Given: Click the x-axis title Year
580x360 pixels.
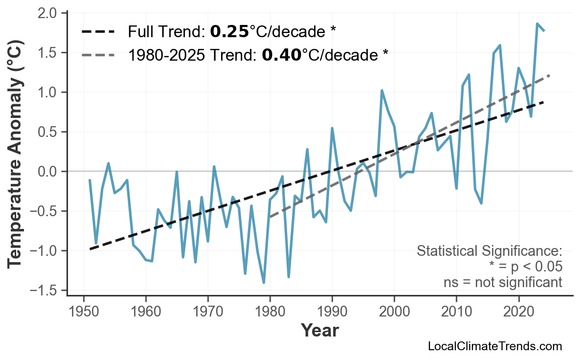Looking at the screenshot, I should tap(319, 331).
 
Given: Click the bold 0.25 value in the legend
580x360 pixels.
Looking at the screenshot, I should tap(229, 32).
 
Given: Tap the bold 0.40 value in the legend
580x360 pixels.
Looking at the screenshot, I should tap(281, 55).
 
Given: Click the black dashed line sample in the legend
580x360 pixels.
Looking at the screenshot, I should tap(98, 32).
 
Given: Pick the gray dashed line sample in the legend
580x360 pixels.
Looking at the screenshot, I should tap(98, 55).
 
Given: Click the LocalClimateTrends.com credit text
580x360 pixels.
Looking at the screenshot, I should tap(494, 346).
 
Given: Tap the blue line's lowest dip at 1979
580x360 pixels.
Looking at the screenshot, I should tap(264, 283).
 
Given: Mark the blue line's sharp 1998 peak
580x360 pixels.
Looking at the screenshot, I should tap(381, 90).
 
